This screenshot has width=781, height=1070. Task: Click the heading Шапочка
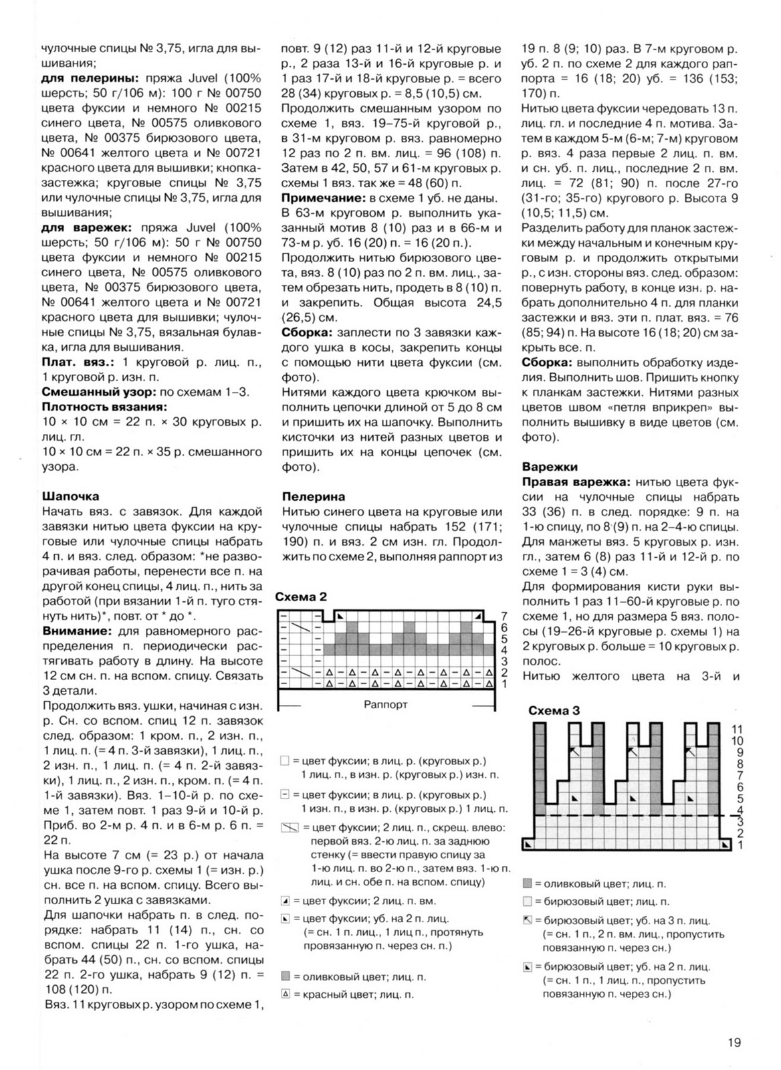pyautogui.click(x=70, y=496)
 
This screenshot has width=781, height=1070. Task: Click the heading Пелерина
pyautogui.click(x=314, y=496)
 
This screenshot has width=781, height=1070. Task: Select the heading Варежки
pyautogui.click(x=550, y=467)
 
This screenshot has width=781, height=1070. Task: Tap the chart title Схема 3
pyautogui.click(x=554, y=710)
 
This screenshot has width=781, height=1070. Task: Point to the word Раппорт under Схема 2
pyautogui.click(x=386, y=704)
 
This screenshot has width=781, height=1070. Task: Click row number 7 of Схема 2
pyautogui.click(x=504, y=615)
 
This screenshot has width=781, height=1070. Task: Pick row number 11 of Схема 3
pyautogui.click(x=737, y=729)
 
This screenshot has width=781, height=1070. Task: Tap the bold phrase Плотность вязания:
pyautogui.click(x=104, y=407)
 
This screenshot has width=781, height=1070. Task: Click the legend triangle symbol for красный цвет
pyautogui.click(x=286, y=994)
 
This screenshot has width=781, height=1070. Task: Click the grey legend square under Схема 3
pyautogui.click(x=527, y=884)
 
